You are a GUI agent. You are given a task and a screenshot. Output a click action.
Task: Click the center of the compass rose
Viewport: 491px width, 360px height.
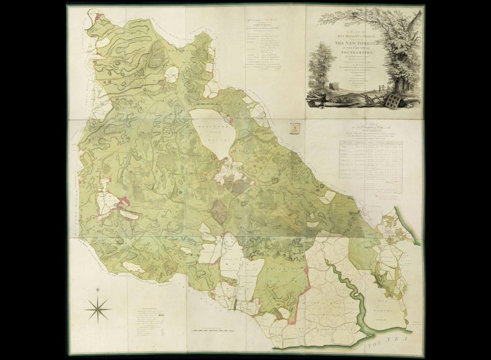[98, 309]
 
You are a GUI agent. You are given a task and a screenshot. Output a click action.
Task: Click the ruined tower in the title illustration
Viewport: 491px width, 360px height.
[333, 86]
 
